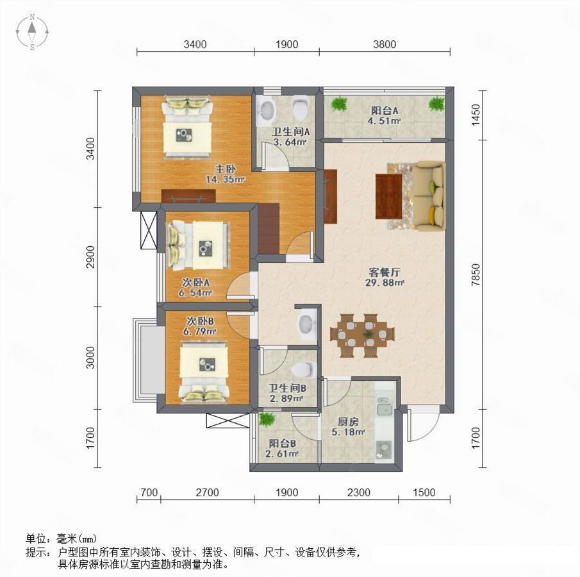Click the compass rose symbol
(x=32, y=32)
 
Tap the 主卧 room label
(x=226, y=169)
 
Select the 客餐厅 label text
(x=385, y=272)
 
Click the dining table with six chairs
(x=363, y=335)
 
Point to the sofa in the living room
(x=428, y=196)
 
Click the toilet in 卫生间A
(x=300, y=107)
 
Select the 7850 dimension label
(x=476, y=274)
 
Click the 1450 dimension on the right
(x=476, y=115)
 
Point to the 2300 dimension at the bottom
(x=359, y=492)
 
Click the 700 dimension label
(x=149, y=492)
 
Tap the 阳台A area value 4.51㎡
(x=385, y=121)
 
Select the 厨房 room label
(x=348, y=422)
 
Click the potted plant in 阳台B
(x=267, y=419)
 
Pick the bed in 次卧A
(x=200, y=245)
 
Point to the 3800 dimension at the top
(x=385, y=44)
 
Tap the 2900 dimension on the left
(x=90, y=256)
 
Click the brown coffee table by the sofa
(x=389, y=196)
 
